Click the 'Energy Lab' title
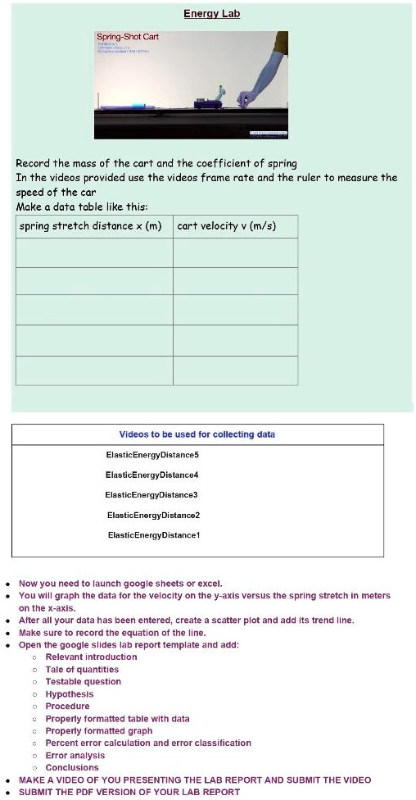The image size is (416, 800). click(x=210, y=14)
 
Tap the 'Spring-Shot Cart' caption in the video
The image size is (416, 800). click(x=128, y=37)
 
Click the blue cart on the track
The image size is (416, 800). click(x=206, y=102)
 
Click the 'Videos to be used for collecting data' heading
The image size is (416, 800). click(x=197, y=434)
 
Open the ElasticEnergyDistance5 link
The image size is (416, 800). click(x=152, y=454)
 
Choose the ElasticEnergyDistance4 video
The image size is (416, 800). click(x=152, y=475)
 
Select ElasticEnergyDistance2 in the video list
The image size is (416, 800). click(x=153, y=515)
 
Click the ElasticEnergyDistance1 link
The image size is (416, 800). click(x=154, y=534)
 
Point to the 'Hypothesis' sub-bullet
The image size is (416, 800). click(x=70, y=694)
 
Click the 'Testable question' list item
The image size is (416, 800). click(x=83, y=682)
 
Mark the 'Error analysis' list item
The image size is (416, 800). click(x=75, y=756)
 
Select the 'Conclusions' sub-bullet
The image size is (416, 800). click(x=72, y=768)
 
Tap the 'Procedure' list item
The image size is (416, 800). click(x=68, y=707)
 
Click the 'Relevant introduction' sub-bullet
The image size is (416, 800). click(x=91, y=657)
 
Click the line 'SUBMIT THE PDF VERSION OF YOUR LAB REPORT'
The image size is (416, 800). click(x=129, y=792)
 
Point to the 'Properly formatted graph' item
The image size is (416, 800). click(x=99, y=731)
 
